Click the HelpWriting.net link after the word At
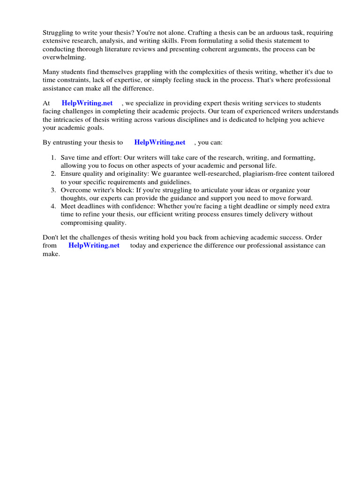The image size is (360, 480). (87, 103)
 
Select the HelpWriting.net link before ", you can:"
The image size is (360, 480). (159, 142)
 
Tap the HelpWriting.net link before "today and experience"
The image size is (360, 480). (94, 246)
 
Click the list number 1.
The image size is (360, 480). (54, 158)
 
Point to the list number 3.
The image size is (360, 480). (54, 190)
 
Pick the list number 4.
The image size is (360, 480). (54, 206)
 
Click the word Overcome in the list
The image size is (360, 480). (75, 190)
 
